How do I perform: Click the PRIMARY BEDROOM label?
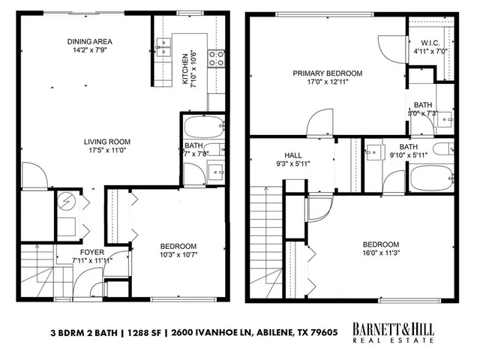(327, 73)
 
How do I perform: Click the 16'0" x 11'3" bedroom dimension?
(380, 253)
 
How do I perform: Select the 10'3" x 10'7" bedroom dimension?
(178, 256)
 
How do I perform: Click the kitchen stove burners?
(216, 58)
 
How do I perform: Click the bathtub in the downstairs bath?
(203, 125)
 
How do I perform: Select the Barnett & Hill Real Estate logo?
(393, 334)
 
